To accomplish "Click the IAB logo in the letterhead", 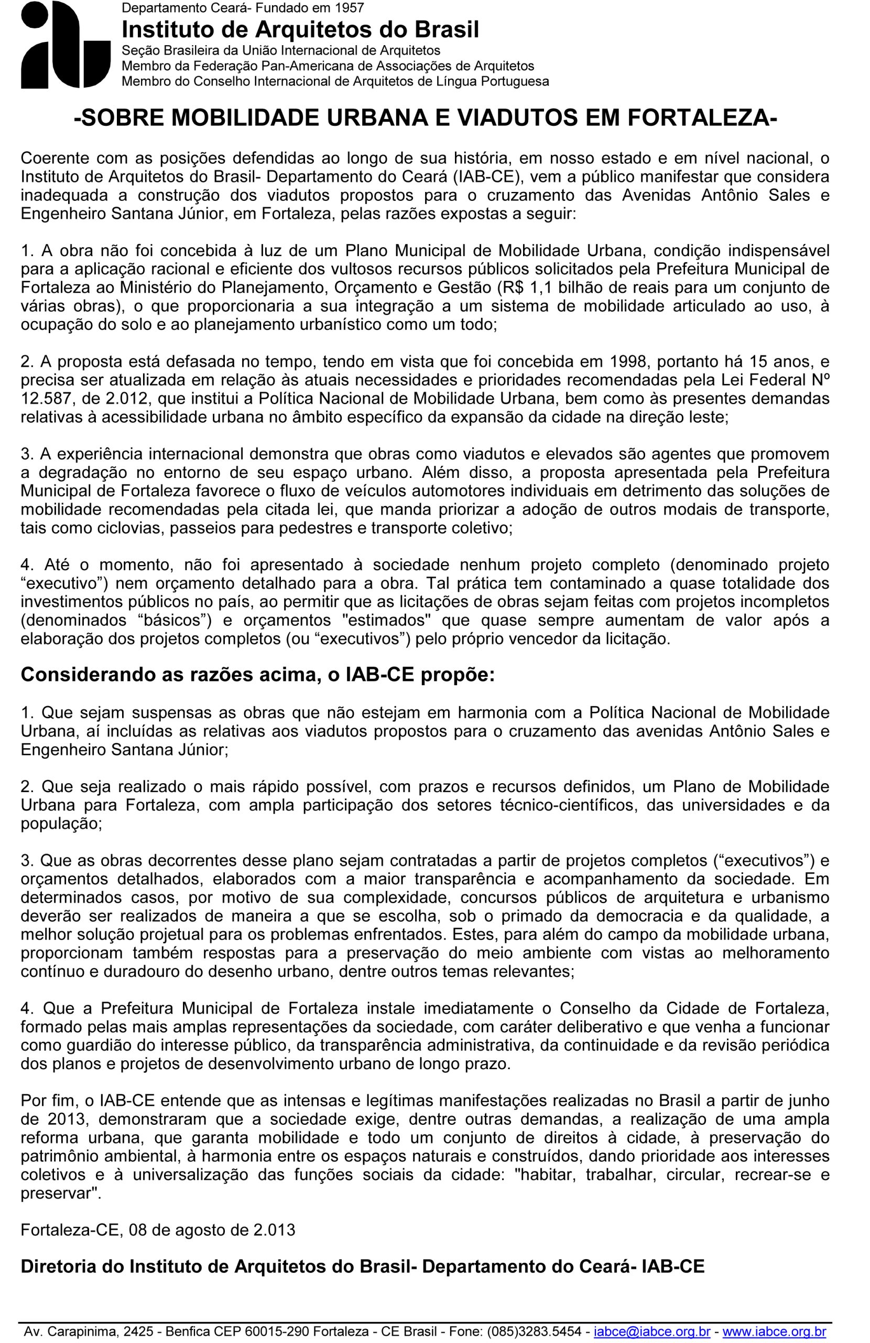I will pos(65,45).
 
